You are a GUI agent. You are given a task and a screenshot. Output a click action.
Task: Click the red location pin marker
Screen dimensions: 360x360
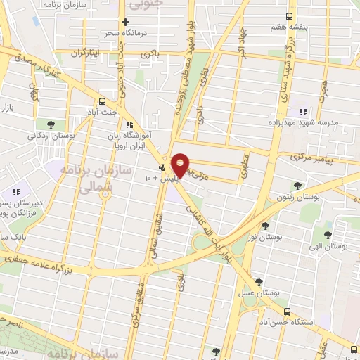tap(180, 165)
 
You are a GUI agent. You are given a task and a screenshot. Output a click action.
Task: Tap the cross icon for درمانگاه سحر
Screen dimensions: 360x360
tap(125, 22)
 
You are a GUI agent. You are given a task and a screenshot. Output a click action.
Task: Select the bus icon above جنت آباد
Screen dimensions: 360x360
tap(103, 100)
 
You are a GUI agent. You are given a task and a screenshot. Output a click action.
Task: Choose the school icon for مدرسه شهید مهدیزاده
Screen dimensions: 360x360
tap(303, 112)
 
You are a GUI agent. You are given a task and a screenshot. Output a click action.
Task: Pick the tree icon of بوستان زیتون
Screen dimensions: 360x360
tap(297, 186)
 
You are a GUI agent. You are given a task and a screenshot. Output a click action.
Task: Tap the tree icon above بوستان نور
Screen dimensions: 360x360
tap(265, 226)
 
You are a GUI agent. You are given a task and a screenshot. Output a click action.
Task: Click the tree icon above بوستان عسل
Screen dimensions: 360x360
tap(259, 281)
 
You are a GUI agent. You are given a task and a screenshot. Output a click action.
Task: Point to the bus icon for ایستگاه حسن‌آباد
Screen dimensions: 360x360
tap(286, 311)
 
